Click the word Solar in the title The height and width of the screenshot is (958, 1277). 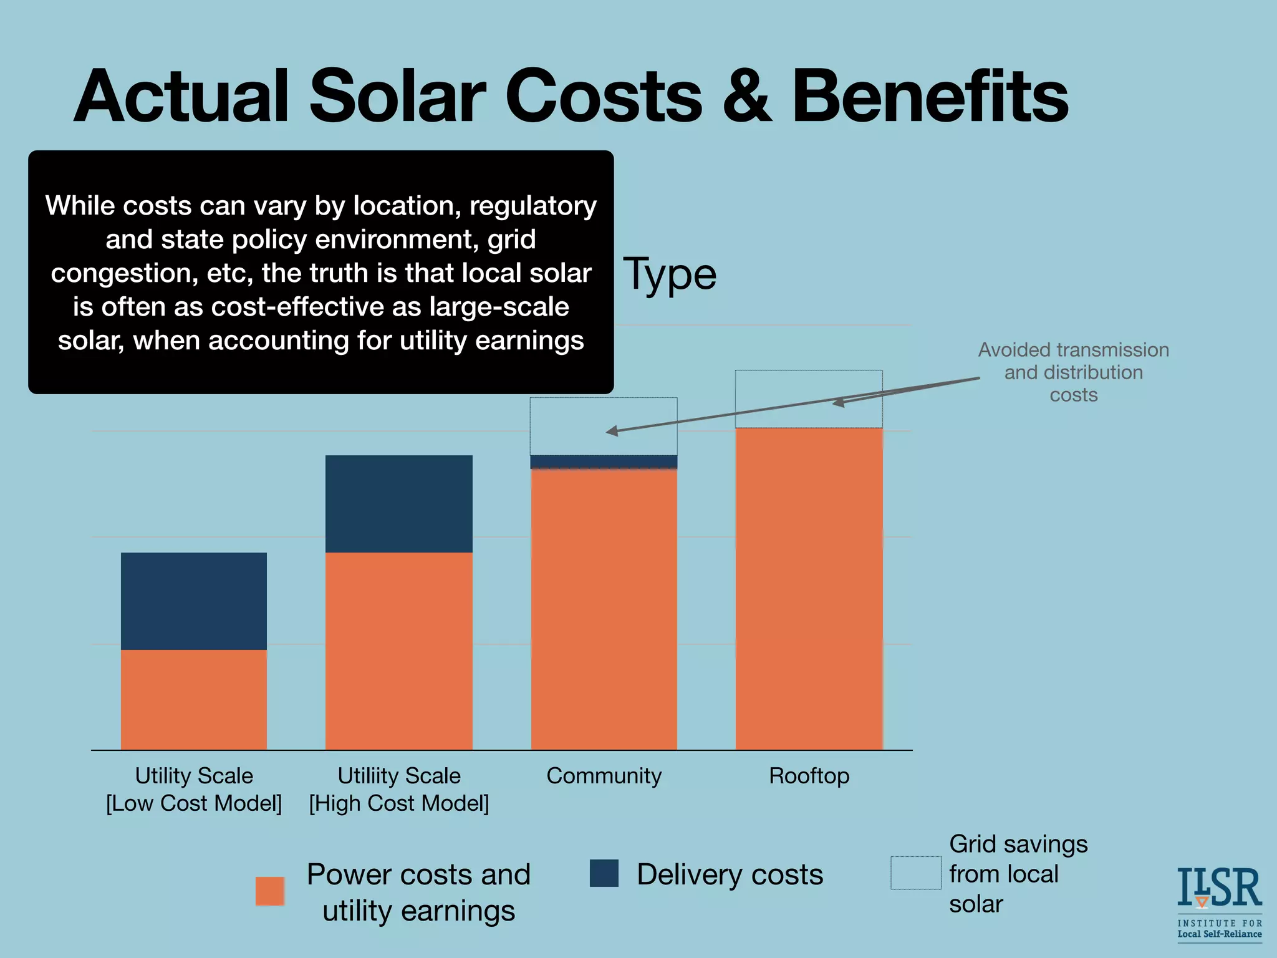[397, 97]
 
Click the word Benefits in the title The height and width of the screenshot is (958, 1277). [930, 97]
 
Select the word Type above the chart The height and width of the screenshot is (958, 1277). [670, 274]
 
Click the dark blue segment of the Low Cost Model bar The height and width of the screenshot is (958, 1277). [194, 601]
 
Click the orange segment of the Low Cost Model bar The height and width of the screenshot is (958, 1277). [194, 699]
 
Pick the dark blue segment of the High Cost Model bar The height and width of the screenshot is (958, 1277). [399, 503]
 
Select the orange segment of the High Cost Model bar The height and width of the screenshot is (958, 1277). [399, 651]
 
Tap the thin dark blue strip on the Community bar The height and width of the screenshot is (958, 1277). [604, 462]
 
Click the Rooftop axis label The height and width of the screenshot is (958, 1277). [809, 776]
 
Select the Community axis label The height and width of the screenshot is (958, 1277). [604, 776]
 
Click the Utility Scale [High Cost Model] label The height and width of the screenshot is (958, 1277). [399, 789]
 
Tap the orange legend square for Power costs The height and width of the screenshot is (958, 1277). [270, 891]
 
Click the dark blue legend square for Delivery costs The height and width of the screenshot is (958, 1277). [604, 873]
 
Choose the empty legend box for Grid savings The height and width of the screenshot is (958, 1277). [915, 873]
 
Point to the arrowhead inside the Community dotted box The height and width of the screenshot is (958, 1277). [612, 431]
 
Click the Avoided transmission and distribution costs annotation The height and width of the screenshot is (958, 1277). [1073, 372]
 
